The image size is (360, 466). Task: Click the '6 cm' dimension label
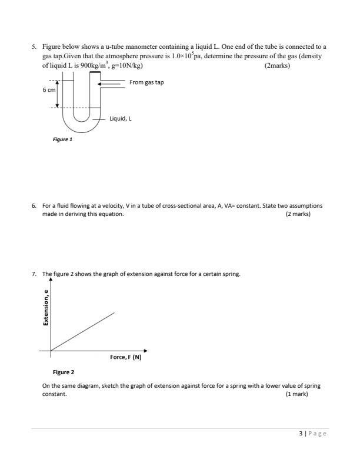click(49, 91)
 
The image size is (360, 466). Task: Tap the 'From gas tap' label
click(146, 82)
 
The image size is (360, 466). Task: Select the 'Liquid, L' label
click(121, 118)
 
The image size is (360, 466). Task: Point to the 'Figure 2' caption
click(64, 372)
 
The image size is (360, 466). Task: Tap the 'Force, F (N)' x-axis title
click(126, 357)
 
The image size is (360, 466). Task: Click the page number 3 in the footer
click(301, 434)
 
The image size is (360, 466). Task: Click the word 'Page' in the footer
click(316, 434)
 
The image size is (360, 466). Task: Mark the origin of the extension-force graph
click(51, 351)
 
